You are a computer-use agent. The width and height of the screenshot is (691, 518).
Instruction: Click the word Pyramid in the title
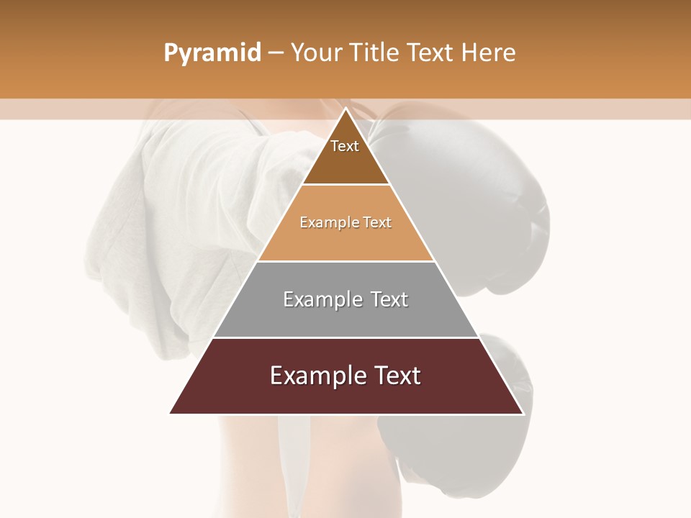tap(212, 53)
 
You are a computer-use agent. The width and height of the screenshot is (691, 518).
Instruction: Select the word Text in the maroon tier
tap(394, 376)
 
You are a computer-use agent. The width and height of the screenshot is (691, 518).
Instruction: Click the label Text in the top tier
tap(345, 146)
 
